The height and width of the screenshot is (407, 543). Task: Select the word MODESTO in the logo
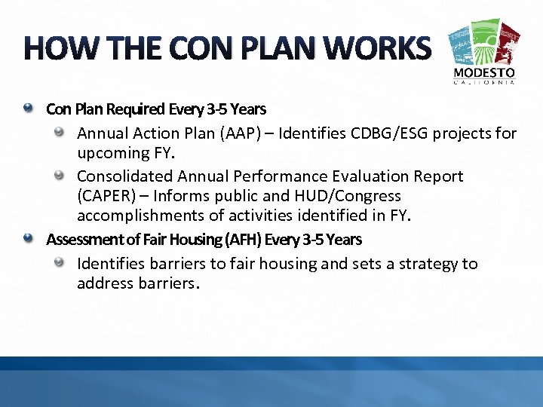(x=484, y=73)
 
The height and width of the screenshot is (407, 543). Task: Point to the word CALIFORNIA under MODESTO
(x=484, y=83)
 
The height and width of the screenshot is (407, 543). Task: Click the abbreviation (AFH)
(x=240, y=240)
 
